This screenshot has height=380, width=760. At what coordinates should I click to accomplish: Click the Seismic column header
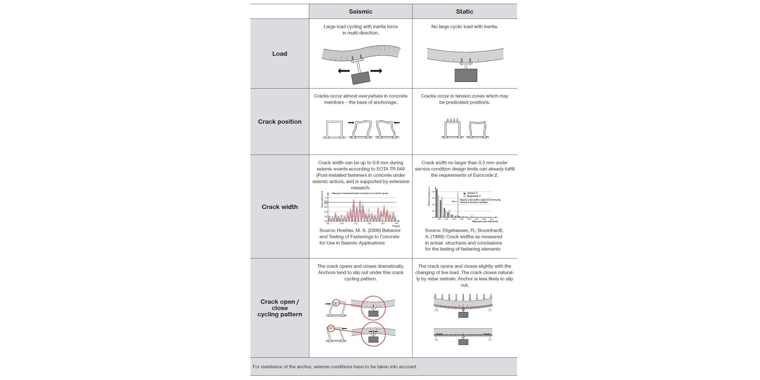point(360,11)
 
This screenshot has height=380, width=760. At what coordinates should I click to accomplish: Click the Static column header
point(464,11)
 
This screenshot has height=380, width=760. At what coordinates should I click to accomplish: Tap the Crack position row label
point(279,122)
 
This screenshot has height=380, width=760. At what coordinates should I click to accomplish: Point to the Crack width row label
point(279,207)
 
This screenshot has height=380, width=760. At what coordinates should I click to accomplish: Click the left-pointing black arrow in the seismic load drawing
point(344,71)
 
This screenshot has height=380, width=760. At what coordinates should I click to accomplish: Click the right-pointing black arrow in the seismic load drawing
point(376,71)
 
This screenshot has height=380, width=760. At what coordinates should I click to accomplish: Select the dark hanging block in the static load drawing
point(466,75)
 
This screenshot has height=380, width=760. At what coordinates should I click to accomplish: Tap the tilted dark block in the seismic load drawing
point(361,78)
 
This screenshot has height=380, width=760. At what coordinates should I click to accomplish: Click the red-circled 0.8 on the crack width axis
point(326,202)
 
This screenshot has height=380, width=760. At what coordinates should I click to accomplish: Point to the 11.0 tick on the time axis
point(355,223)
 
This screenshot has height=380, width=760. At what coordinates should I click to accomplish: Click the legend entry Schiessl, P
point(472,193)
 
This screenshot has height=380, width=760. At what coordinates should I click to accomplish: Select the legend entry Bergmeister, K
point(473,196)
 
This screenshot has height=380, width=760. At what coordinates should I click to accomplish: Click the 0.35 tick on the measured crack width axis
point(461,219)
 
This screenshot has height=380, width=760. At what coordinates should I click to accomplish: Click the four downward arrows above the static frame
point(452,120)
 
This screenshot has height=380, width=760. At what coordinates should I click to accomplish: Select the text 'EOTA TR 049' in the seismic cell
point(391,169)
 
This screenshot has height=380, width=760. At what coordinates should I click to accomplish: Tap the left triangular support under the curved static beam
point(436,309)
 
